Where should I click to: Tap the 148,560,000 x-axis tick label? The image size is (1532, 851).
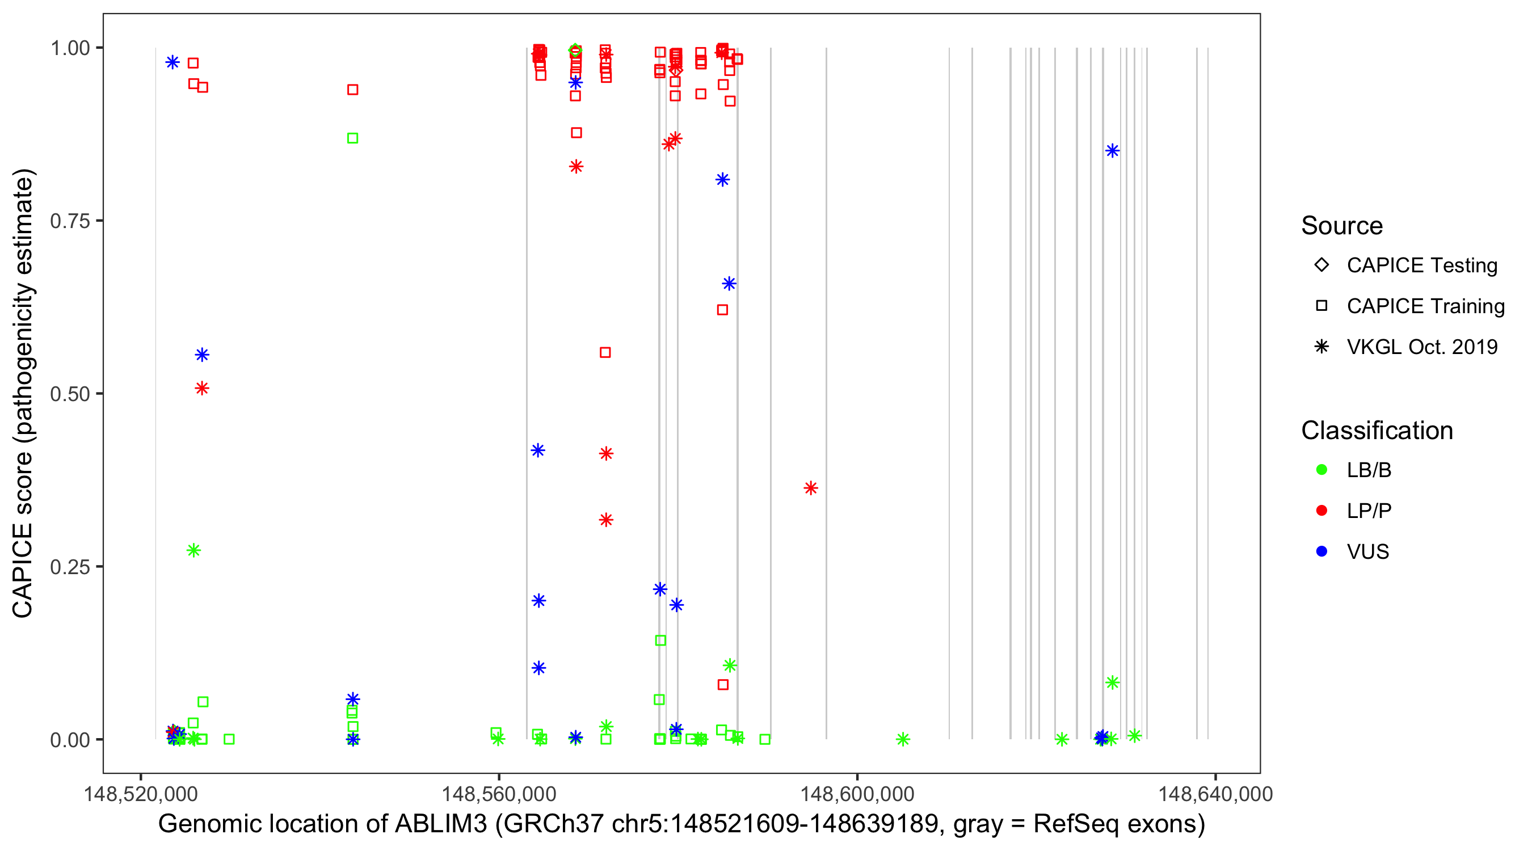pos(498,794)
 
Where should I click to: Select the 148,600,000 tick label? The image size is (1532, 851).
pos(857,794)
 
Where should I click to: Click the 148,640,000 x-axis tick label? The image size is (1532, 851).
pos(1215,794)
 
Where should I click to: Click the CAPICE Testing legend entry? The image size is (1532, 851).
pos(1421,266)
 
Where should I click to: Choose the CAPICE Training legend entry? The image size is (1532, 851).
pos(1425,306)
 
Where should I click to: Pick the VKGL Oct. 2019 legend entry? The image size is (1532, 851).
pos(1421,347)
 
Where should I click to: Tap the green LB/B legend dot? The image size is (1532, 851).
pos(1321,470)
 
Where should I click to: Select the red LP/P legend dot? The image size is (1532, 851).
pos(1321,511)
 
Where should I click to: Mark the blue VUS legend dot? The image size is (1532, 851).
pos(1321,552)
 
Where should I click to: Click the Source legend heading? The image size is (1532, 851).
pos(1342,226)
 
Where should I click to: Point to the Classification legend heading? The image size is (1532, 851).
pos(1377,431)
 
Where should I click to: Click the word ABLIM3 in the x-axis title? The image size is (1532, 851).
pos(441,824)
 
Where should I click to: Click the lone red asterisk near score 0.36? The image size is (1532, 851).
pos(811,488)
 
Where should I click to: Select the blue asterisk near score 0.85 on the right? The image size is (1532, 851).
pos(1112,151)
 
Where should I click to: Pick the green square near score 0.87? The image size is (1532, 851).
pos(353,138)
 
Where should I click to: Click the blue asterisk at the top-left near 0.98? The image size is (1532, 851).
pos(172,62)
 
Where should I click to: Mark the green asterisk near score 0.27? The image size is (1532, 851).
pos(193,551)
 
